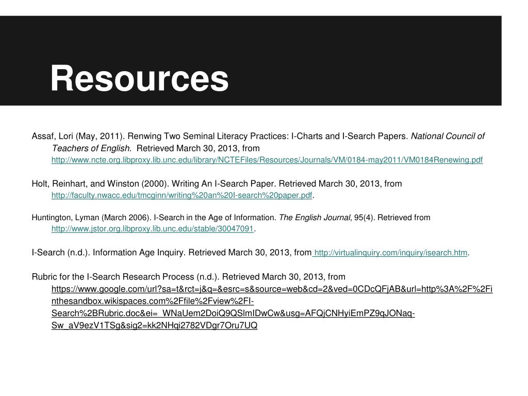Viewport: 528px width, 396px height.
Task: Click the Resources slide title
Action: pos(139,79)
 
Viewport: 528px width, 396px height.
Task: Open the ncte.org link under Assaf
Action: pos(267,160)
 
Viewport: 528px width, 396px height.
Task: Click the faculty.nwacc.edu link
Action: pos(181,195)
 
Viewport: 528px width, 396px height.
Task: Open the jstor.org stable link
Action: pos(153,228)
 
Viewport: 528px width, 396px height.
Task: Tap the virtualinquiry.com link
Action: pos(390,253)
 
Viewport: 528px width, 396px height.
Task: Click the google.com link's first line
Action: pos(272,289)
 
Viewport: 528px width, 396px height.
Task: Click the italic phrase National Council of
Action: pos(448,137)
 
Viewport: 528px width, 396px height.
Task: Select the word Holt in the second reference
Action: pos(40,184)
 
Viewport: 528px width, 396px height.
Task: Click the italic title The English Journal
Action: pos(315,218)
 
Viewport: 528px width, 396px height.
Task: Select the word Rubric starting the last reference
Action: pos(45,276)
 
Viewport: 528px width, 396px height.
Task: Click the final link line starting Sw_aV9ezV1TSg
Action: pos(154,326)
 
